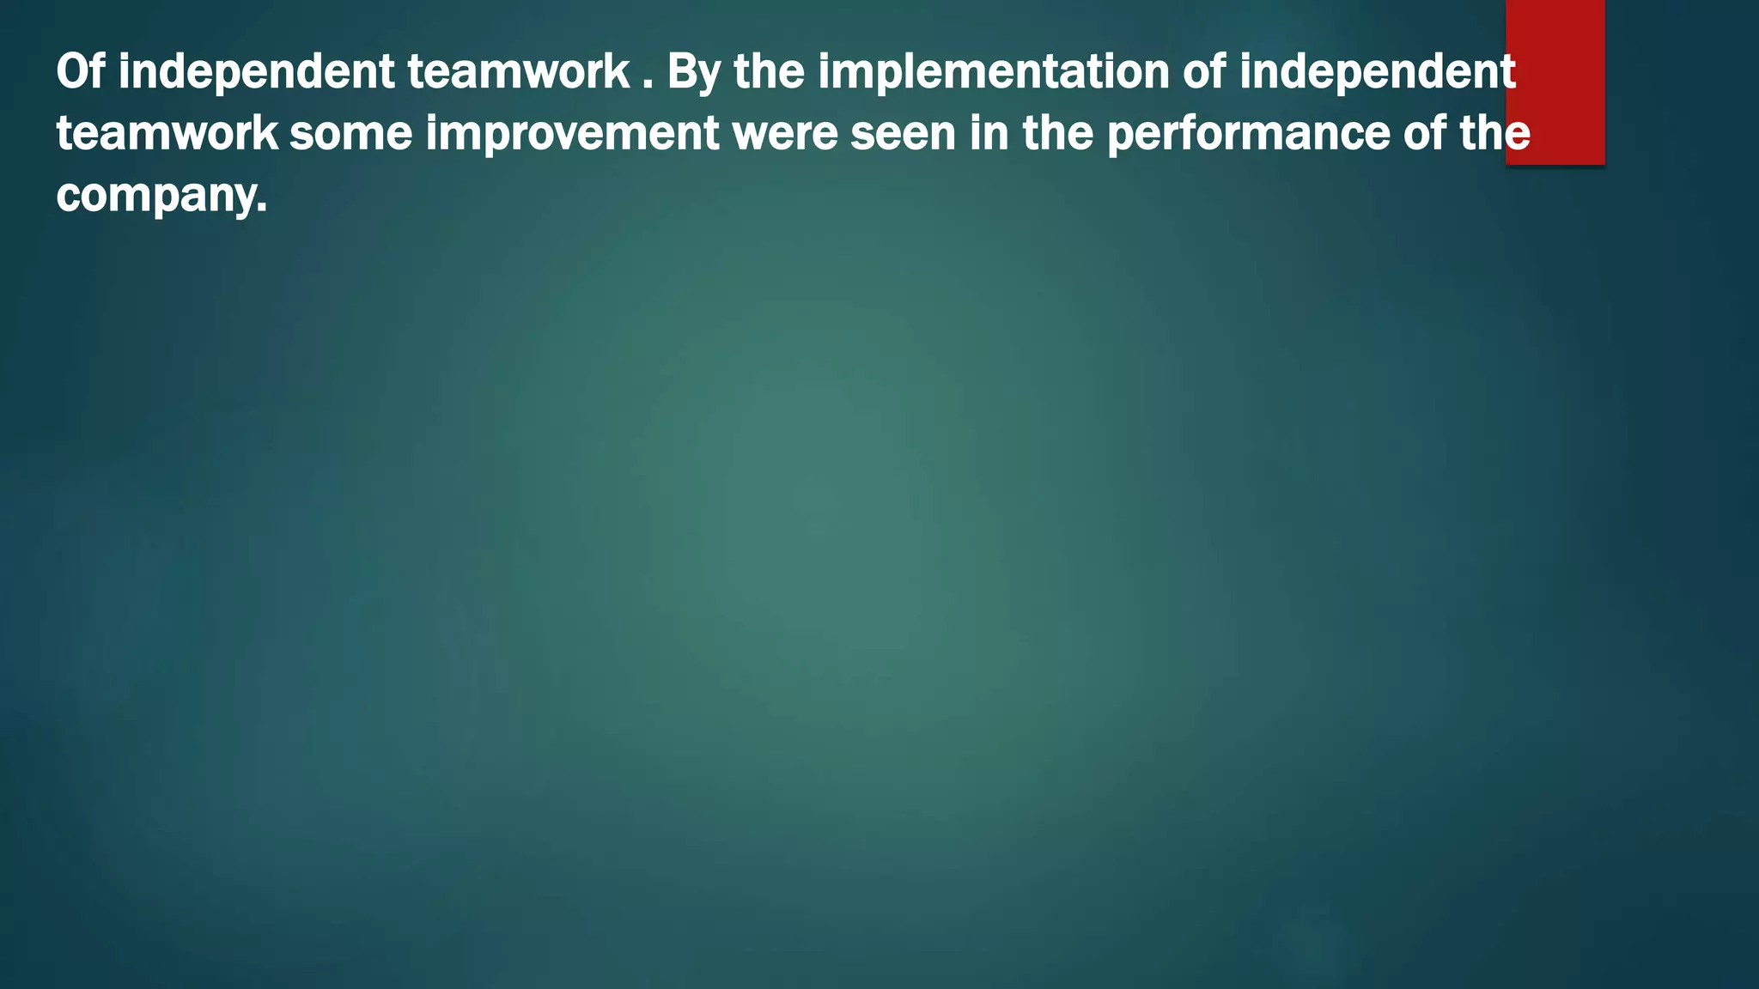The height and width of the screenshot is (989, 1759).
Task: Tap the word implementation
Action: coord(993,72)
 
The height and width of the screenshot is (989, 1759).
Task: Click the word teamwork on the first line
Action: coord(519,72)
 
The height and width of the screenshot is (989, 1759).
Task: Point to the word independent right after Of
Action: coord(256,72)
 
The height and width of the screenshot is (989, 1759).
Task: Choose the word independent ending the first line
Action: coord(1378,72)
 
